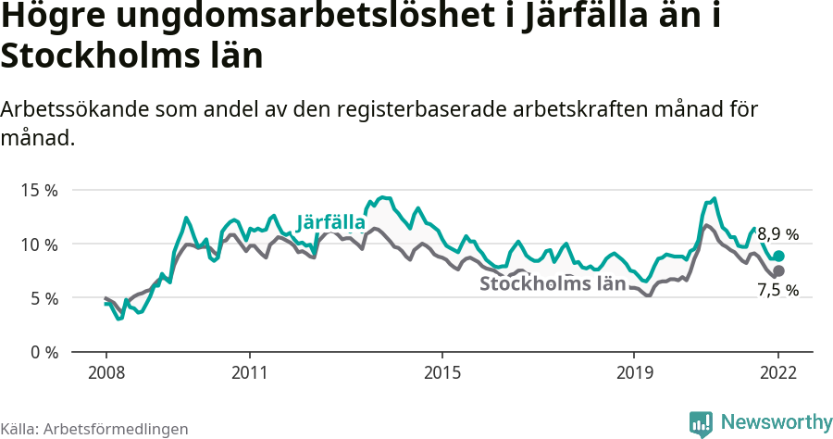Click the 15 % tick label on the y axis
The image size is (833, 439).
click(39, 190)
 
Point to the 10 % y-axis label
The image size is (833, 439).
click(39, 245)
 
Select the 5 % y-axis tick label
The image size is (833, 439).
click(43, 298)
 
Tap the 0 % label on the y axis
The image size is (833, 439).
click(43, 353)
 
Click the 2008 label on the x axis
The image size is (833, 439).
click(106, 372)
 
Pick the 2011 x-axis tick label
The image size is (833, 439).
click(250, 372)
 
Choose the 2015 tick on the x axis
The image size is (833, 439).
click(442, 372)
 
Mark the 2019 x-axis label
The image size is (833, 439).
click(634, 372)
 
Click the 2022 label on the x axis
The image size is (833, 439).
click(778, 372)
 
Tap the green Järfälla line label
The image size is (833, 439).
click(330, 221)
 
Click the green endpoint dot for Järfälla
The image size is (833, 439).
click(778, 257)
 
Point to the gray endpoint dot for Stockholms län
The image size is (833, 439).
click(778, 270)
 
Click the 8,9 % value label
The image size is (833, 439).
click(777, 234)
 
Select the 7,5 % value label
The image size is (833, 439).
click(777, 291)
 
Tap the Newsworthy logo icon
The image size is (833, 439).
click(701, 422)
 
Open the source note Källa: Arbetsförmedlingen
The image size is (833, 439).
click(94, 429)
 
